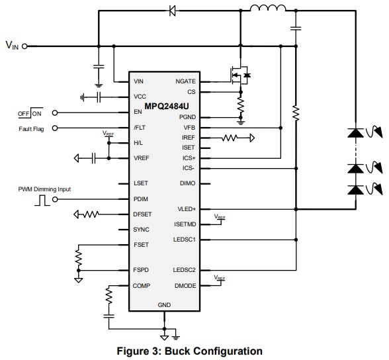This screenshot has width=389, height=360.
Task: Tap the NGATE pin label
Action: (185, 81)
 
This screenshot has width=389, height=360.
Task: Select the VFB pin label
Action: (189, 127)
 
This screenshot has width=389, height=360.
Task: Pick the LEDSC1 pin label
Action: (185, 239)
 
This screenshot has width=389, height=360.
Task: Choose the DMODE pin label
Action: (185, 286)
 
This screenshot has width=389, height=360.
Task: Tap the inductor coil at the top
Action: (268, 10)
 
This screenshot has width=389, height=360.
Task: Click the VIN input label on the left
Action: (13, 46)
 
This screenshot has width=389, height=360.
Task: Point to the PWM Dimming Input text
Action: (44, 189)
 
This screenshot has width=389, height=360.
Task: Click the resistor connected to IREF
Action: (233, 138)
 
